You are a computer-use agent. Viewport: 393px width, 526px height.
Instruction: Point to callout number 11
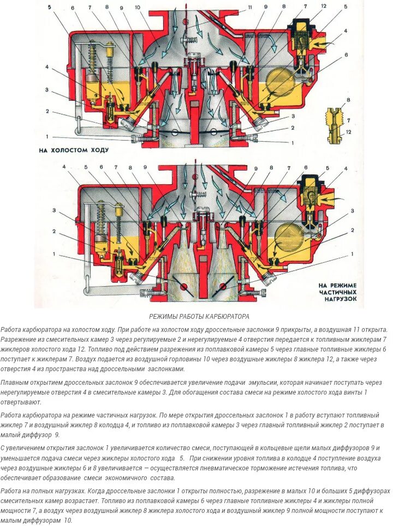250,7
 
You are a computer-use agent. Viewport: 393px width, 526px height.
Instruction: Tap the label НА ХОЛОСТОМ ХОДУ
74,149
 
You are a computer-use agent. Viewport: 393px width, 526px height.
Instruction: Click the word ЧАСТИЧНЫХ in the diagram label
338,292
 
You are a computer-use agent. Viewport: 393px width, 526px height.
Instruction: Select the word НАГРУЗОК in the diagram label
338,299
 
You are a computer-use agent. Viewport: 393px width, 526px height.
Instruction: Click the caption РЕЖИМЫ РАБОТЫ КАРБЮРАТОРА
199,316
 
